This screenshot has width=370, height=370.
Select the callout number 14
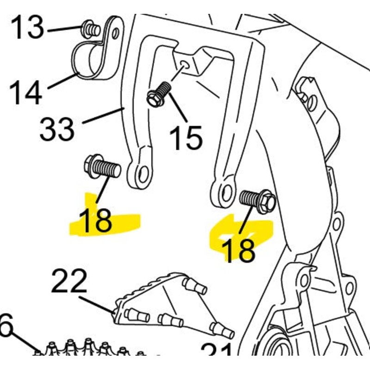click(x=25, y=92)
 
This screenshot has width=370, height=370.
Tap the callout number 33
click(x=56, y=128)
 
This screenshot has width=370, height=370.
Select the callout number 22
click(x=69, y=281)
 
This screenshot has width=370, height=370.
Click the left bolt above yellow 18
click(x=102, y=167)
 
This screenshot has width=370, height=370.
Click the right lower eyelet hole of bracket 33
click(x=226, y=194)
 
